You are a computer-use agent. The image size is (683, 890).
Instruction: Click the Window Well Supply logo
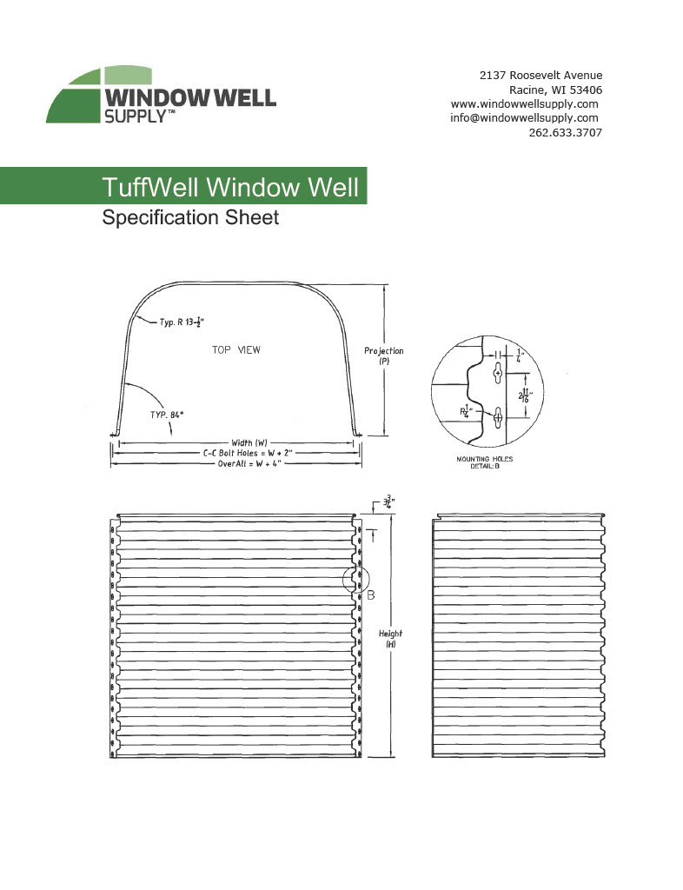[160, 96]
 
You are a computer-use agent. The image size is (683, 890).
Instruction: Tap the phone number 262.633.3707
[565, 133]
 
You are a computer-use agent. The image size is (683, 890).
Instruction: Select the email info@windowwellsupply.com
[524, 118]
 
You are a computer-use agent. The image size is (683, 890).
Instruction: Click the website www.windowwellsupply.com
[524, 103]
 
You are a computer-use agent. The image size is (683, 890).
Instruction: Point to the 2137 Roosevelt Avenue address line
[540, 75]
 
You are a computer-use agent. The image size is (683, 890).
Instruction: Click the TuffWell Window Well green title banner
[229, 187]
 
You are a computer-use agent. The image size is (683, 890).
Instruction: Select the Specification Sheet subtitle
[190, 217]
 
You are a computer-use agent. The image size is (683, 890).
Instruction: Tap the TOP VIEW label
[236, 350]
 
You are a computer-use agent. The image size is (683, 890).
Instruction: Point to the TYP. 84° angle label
[147, 415]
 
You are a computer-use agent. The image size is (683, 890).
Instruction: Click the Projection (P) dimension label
[383, 355]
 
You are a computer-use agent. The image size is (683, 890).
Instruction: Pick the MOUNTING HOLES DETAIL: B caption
[484, 462]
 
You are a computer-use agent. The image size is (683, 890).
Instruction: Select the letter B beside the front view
[370, 595]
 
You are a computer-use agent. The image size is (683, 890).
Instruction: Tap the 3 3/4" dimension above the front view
[385, 502]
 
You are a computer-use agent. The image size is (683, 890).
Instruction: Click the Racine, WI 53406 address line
[555, 90]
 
